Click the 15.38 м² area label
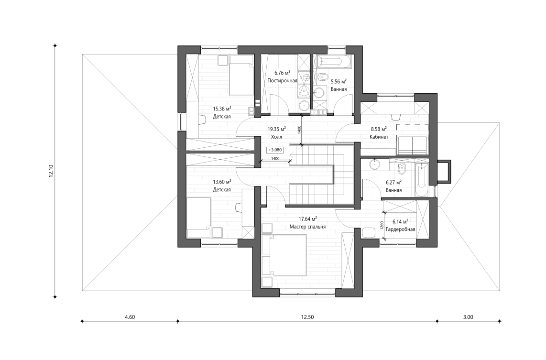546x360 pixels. point(222,109)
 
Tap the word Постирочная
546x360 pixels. point(282,81)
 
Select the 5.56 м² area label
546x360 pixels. point(339,81)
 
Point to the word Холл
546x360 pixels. point(276,137)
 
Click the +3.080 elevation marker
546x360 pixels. point(276,150)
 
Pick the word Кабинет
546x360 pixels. point(378,137)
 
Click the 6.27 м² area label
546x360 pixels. point(393,182)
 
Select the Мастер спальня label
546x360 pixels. point(307,227)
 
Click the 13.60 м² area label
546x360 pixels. point(222,182)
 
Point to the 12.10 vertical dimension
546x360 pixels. point(51,171)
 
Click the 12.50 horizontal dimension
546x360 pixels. point(308,316)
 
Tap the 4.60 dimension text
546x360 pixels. point(130,316)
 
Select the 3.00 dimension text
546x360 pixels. point(468,316)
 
